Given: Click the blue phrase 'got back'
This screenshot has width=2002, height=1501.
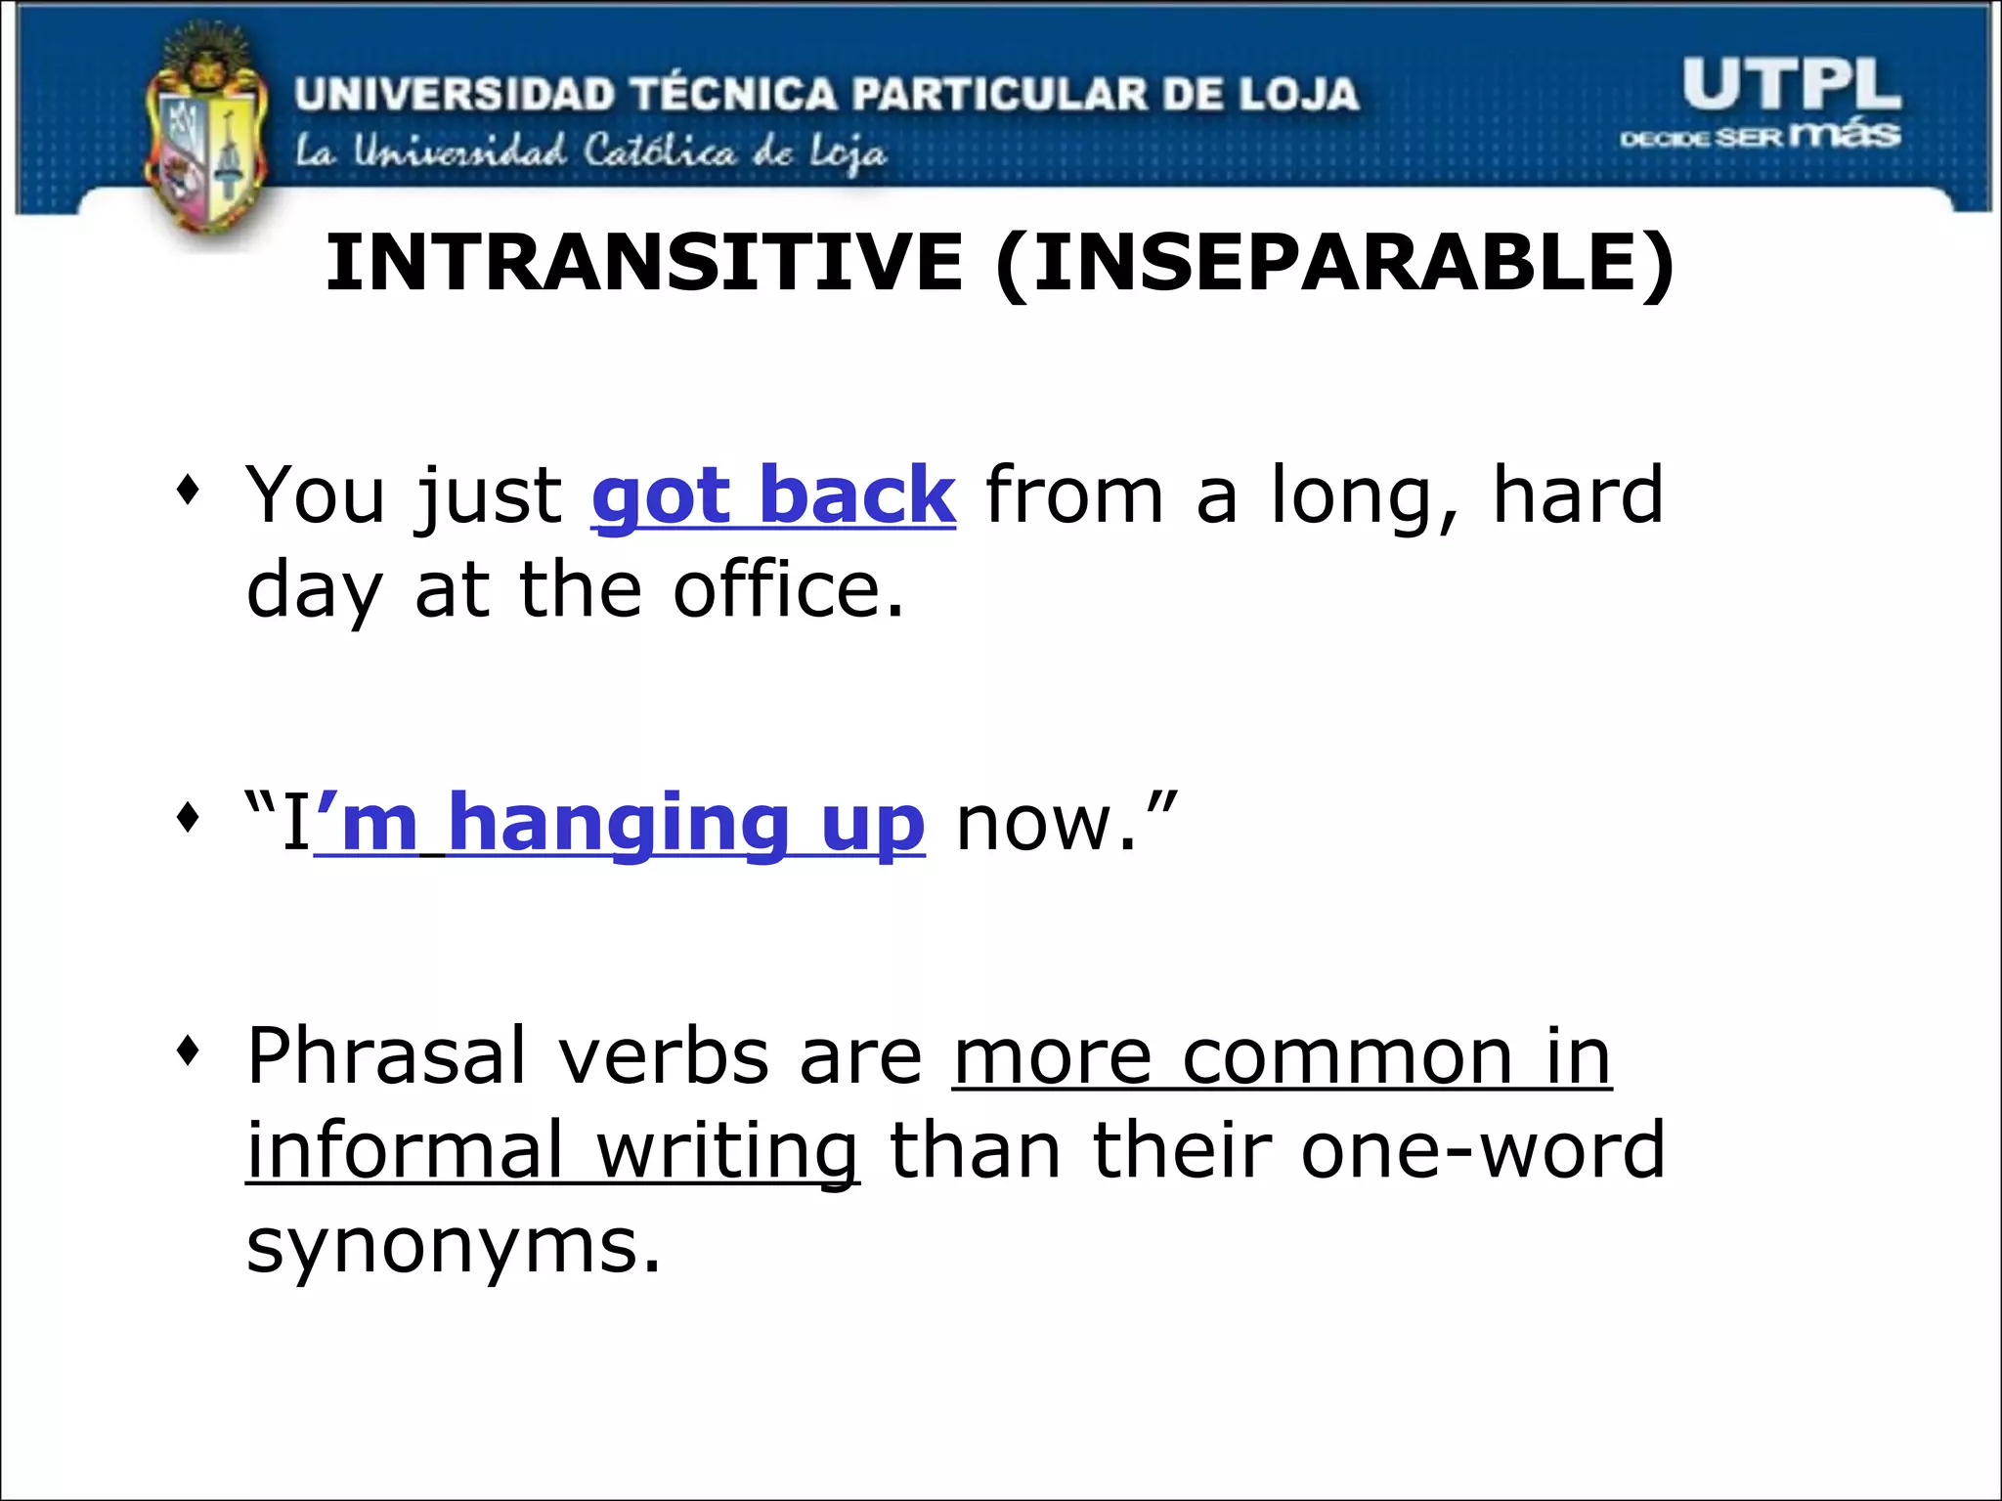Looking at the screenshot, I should pos(772,496).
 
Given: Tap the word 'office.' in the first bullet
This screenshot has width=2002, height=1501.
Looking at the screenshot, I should pos(788,591).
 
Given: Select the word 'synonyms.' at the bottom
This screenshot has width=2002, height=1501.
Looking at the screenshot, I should pos(454,1246).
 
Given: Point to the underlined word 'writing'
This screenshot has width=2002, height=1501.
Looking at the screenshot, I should pos(727,1151).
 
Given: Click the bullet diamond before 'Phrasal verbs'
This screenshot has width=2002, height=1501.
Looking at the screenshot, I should pos(188,1051).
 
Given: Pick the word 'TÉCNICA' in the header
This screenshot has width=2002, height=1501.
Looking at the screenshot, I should pos(733,94).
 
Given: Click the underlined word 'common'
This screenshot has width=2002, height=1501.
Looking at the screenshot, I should pos(1347,1056).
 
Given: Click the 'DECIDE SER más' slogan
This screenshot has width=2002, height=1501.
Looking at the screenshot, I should pos(1760,136).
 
